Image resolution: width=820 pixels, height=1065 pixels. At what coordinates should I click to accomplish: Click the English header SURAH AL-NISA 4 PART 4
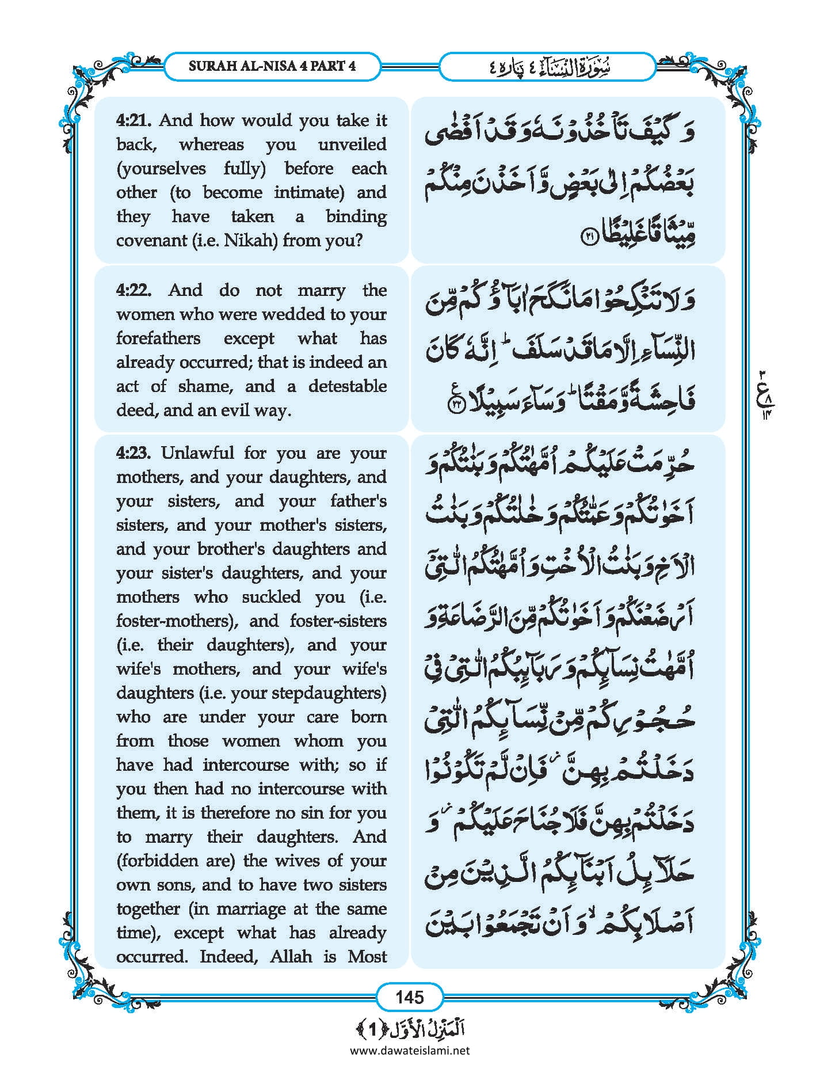272,66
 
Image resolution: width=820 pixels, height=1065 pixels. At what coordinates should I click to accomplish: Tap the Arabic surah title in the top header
547,67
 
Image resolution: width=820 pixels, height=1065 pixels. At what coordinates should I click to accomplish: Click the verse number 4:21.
134,120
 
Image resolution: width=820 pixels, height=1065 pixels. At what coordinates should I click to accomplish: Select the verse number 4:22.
134,290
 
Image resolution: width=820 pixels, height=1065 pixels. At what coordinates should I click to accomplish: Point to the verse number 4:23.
134,453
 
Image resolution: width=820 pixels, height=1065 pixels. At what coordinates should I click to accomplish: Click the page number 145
410,996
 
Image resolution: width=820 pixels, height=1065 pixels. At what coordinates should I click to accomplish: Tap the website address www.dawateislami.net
410,1050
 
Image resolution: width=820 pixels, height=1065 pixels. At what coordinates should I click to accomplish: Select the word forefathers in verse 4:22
158,338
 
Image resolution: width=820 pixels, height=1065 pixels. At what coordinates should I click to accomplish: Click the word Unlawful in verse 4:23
197,453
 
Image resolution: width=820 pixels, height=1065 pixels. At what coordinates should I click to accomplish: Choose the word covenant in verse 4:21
151,241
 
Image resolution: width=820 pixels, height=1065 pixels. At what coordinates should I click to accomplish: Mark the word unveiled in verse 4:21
352,144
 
